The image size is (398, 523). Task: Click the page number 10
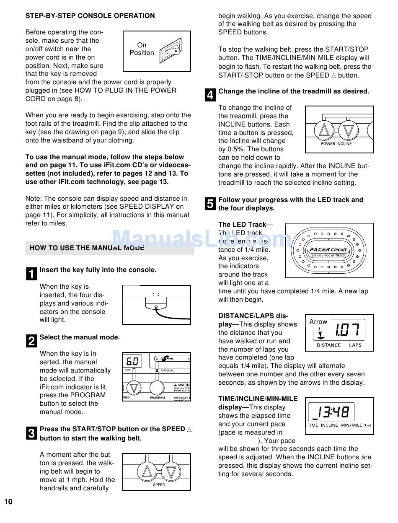tap(8, 502)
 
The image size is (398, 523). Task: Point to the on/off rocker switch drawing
tap(171, 51)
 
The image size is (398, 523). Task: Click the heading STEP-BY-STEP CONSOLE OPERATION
tap(90, 16)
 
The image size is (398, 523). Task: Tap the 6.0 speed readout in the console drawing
tap(132, 361)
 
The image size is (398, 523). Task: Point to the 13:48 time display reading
tap(333, 412)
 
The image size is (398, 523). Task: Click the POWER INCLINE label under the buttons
tap(336, 144)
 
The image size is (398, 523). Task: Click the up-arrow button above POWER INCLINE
tap(324, 131)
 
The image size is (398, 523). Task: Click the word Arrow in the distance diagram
tap(318, 322)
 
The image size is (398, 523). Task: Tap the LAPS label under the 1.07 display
tap(355, 345)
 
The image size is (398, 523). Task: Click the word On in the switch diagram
tap(142, 45)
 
